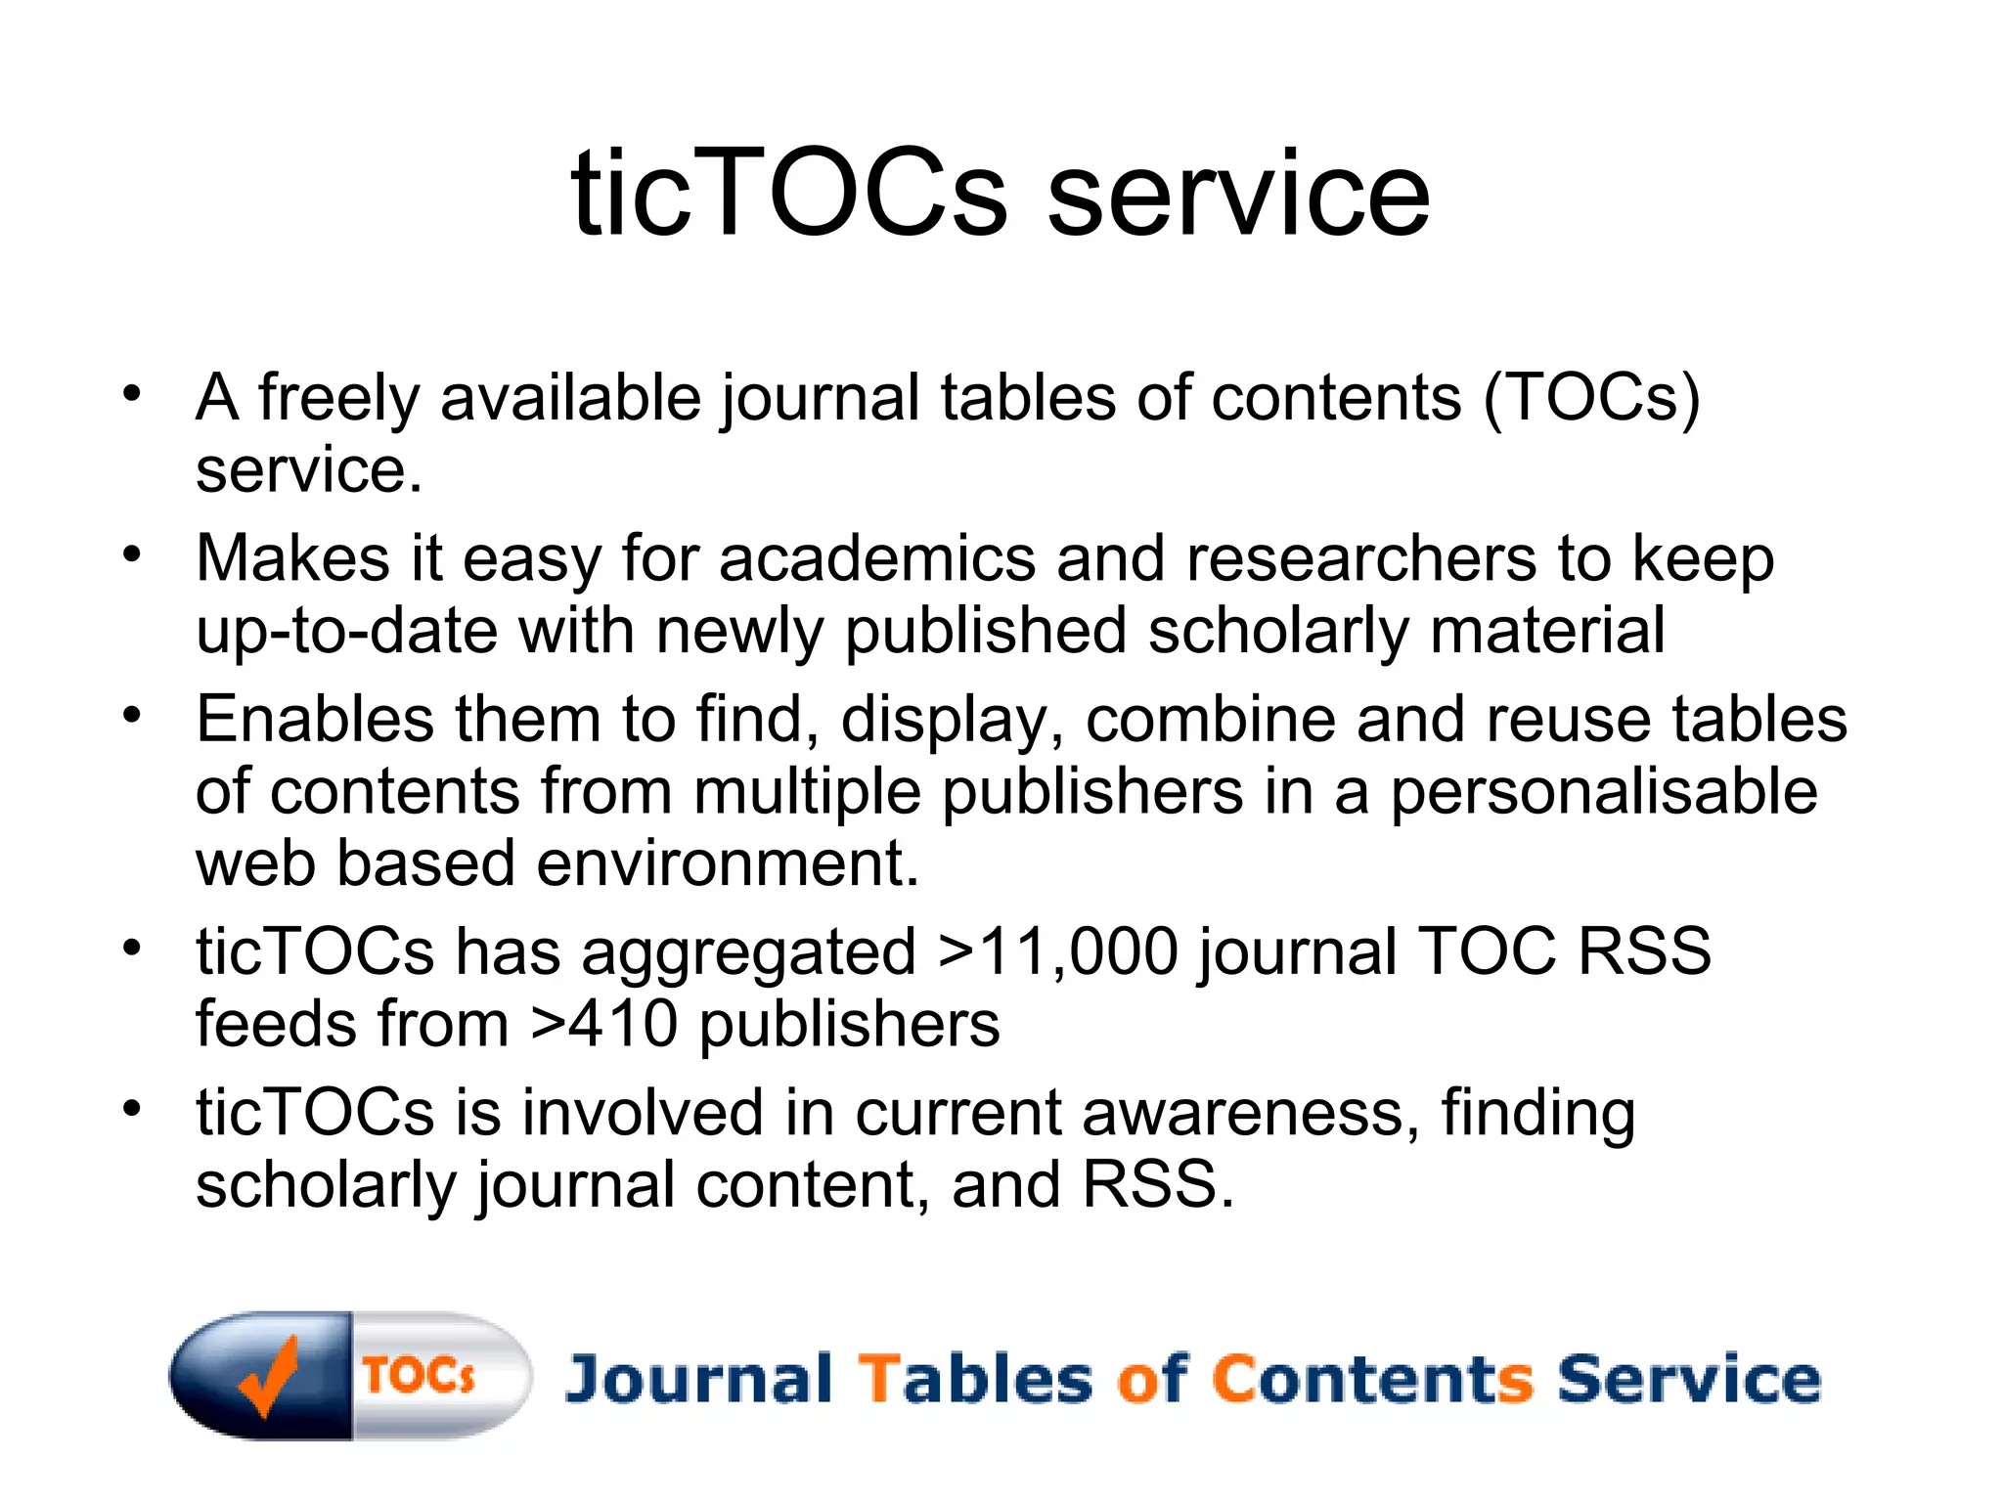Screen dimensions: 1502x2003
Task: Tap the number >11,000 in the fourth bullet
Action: pos(1057,950)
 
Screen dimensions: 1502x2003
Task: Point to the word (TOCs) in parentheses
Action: pos(1591,398)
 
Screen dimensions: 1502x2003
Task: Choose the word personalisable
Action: pos(1604,791)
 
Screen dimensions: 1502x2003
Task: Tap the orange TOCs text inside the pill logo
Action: pos(419,1375)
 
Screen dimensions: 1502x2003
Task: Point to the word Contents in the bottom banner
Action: pos(1372,1379)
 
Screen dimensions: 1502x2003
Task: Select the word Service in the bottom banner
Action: pos(1688,1379)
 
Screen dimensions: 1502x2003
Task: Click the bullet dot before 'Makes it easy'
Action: pos(132,554)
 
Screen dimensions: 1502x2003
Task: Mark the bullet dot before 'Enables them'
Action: pos(132,715)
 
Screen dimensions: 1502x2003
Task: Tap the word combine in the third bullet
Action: pos(1210,719)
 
